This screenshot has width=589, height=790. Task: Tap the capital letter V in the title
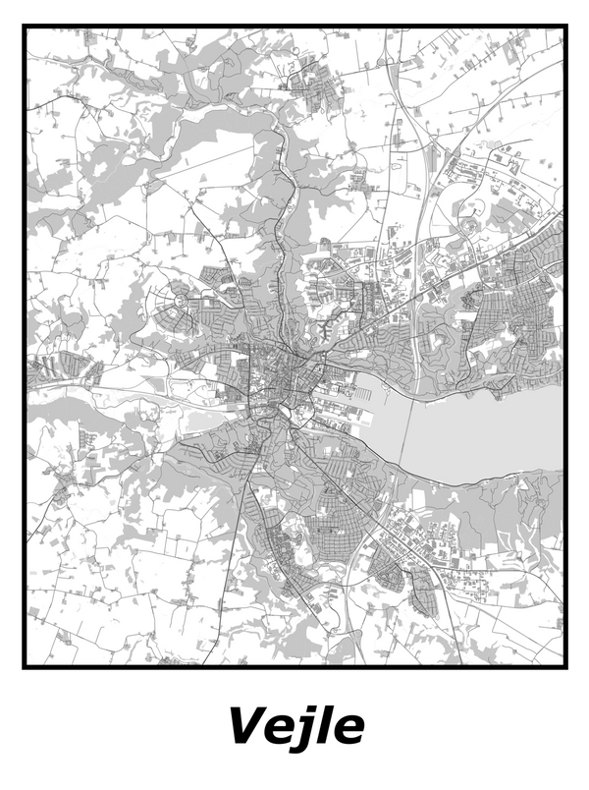[x=245, y=727]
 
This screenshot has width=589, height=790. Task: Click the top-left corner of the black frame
[x=25, y=28]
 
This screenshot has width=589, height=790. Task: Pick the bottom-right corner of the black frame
[x=566, y=666]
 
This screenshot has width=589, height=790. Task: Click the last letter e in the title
[x=348, y=730]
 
